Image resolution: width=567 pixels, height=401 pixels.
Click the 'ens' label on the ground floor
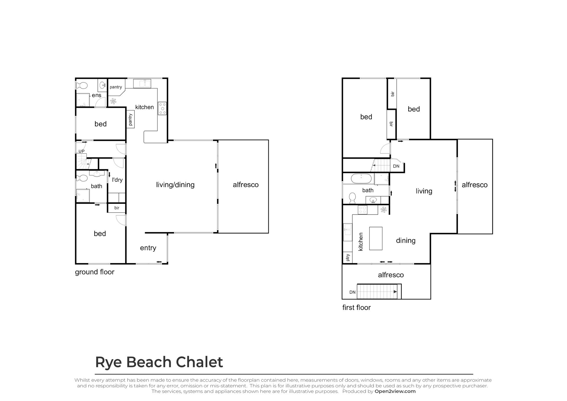(97, 95)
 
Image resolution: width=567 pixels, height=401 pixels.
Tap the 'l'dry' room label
(117, 180)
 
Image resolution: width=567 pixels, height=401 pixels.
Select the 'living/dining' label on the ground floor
(175, 185)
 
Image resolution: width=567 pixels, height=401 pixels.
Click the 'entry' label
(148, 248)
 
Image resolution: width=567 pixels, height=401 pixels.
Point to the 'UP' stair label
(82, 151)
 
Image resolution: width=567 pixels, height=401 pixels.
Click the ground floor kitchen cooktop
(162, 108)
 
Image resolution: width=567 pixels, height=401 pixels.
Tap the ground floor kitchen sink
(142, 84)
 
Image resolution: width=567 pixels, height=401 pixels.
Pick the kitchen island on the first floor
(376, 238)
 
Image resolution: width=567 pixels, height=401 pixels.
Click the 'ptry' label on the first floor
(348, 257)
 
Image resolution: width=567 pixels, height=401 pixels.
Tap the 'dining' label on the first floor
(406, 241)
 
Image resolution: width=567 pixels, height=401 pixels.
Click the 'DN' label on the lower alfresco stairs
(352, 292)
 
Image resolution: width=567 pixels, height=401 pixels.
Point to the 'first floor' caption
(356, 308)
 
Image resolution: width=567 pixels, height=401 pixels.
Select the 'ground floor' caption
(94, 272)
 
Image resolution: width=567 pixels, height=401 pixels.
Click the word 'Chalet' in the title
(199, 362)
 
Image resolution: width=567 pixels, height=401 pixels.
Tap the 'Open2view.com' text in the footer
(395, 392)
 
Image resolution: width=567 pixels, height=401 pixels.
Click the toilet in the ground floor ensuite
(82, 86)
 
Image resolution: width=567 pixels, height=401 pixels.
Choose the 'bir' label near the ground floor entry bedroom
(117, 208)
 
